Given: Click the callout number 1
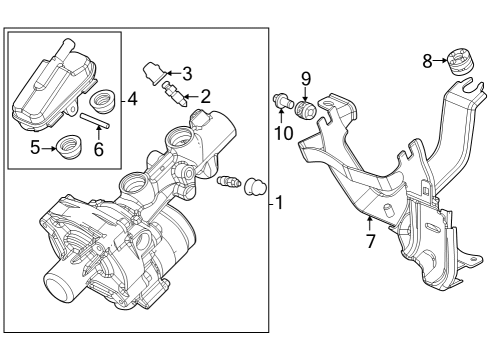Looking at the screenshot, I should (280, 203).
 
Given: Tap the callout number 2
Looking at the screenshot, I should (205, 96).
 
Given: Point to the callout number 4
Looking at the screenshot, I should (132, 99).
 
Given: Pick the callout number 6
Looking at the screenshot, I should (98, 149).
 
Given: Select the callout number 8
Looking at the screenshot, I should (428, 61).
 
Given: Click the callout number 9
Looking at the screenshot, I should (307, 76).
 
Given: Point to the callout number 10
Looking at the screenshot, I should (284, 132).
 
